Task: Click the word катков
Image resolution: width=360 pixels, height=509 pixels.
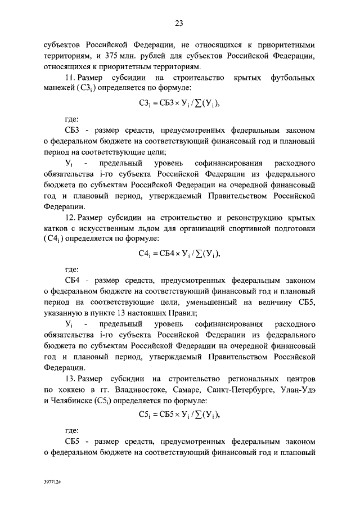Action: pyautogui.click(x=57, y=229)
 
